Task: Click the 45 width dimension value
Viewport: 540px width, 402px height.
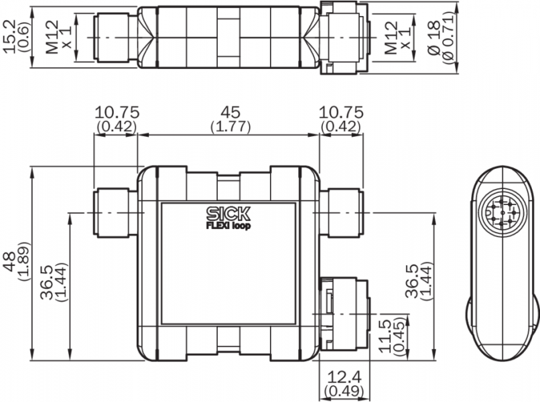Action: [x=230, y=113]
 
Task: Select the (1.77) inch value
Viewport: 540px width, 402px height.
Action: [x=230, y=127]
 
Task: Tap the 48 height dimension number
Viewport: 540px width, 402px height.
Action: [x=9, y=262]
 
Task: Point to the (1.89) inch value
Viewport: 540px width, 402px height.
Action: [x=24, y=262]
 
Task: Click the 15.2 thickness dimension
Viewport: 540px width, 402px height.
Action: [x=9, y=36]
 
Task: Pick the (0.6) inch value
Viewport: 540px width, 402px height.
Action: [x=24, y=36]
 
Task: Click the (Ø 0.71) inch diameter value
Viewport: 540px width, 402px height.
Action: [x=449, y=38]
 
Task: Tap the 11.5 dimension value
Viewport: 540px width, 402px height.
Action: [x=385, y=336]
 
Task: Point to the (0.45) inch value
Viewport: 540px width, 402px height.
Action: [x=399, y=336]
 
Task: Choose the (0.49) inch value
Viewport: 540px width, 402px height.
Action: [x=344, y=391]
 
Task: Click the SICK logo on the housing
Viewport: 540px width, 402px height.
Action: [x=228, y=214]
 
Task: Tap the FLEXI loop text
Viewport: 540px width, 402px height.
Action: [x=228, y=226]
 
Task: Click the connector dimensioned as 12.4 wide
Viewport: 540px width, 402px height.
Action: [x=344, y=314]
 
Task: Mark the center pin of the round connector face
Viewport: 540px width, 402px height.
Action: [x=502, y=214]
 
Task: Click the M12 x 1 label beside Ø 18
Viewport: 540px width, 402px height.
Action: [x=398, y=38]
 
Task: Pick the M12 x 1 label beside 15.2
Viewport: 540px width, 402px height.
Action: [x=58, y=38]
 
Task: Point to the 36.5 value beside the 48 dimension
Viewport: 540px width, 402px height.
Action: [x=54, y=283]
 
